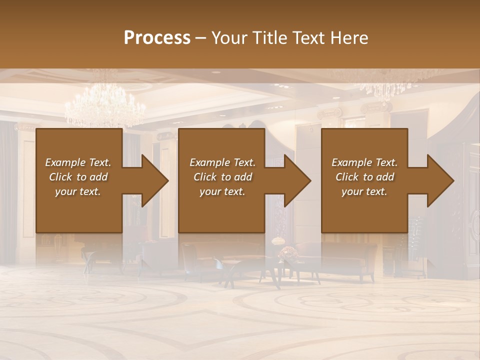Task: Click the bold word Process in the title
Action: click(x=157, y=37)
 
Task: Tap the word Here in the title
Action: click(x=349, y=37)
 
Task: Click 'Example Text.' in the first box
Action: click(x=78, y=162)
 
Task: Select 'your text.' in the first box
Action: click(x=78, y=191)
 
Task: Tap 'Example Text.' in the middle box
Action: click(x=222, y=162)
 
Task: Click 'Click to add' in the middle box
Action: click(x=222, y=177)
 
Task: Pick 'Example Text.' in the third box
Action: click(x=364, y=162)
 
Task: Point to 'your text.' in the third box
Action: click(x=364, y=191)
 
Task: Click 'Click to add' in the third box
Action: click(x=364, y=177)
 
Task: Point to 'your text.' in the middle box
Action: click(x=222, y=191)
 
